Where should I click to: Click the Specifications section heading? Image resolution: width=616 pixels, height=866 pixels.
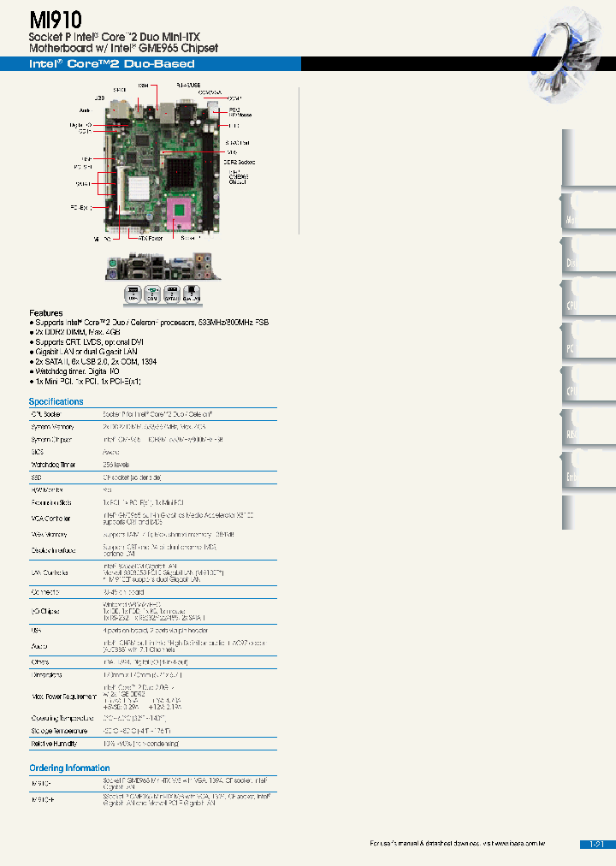56,401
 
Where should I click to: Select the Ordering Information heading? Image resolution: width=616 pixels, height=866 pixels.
69,768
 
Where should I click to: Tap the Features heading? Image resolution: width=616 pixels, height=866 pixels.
46,313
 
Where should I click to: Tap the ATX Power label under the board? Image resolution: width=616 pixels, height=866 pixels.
151,239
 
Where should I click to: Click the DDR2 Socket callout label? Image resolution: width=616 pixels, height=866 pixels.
240,162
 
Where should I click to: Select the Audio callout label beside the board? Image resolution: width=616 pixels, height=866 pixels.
83,110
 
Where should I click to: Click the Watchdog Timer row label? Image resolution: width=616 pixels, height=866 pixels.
53,465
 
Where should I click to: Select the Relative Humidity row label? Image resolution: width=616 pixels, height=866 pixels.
58,744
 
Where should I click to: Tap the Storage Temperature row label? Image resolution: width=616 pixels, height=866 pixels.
59,731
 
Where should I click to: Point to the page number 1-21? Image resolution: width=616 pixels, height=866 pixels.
596,845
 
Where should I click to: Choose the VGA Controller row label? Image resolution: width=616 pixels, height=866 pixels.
51,519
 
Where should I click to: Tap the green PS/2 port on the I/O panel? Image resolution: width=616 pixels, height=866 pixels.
115,273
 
